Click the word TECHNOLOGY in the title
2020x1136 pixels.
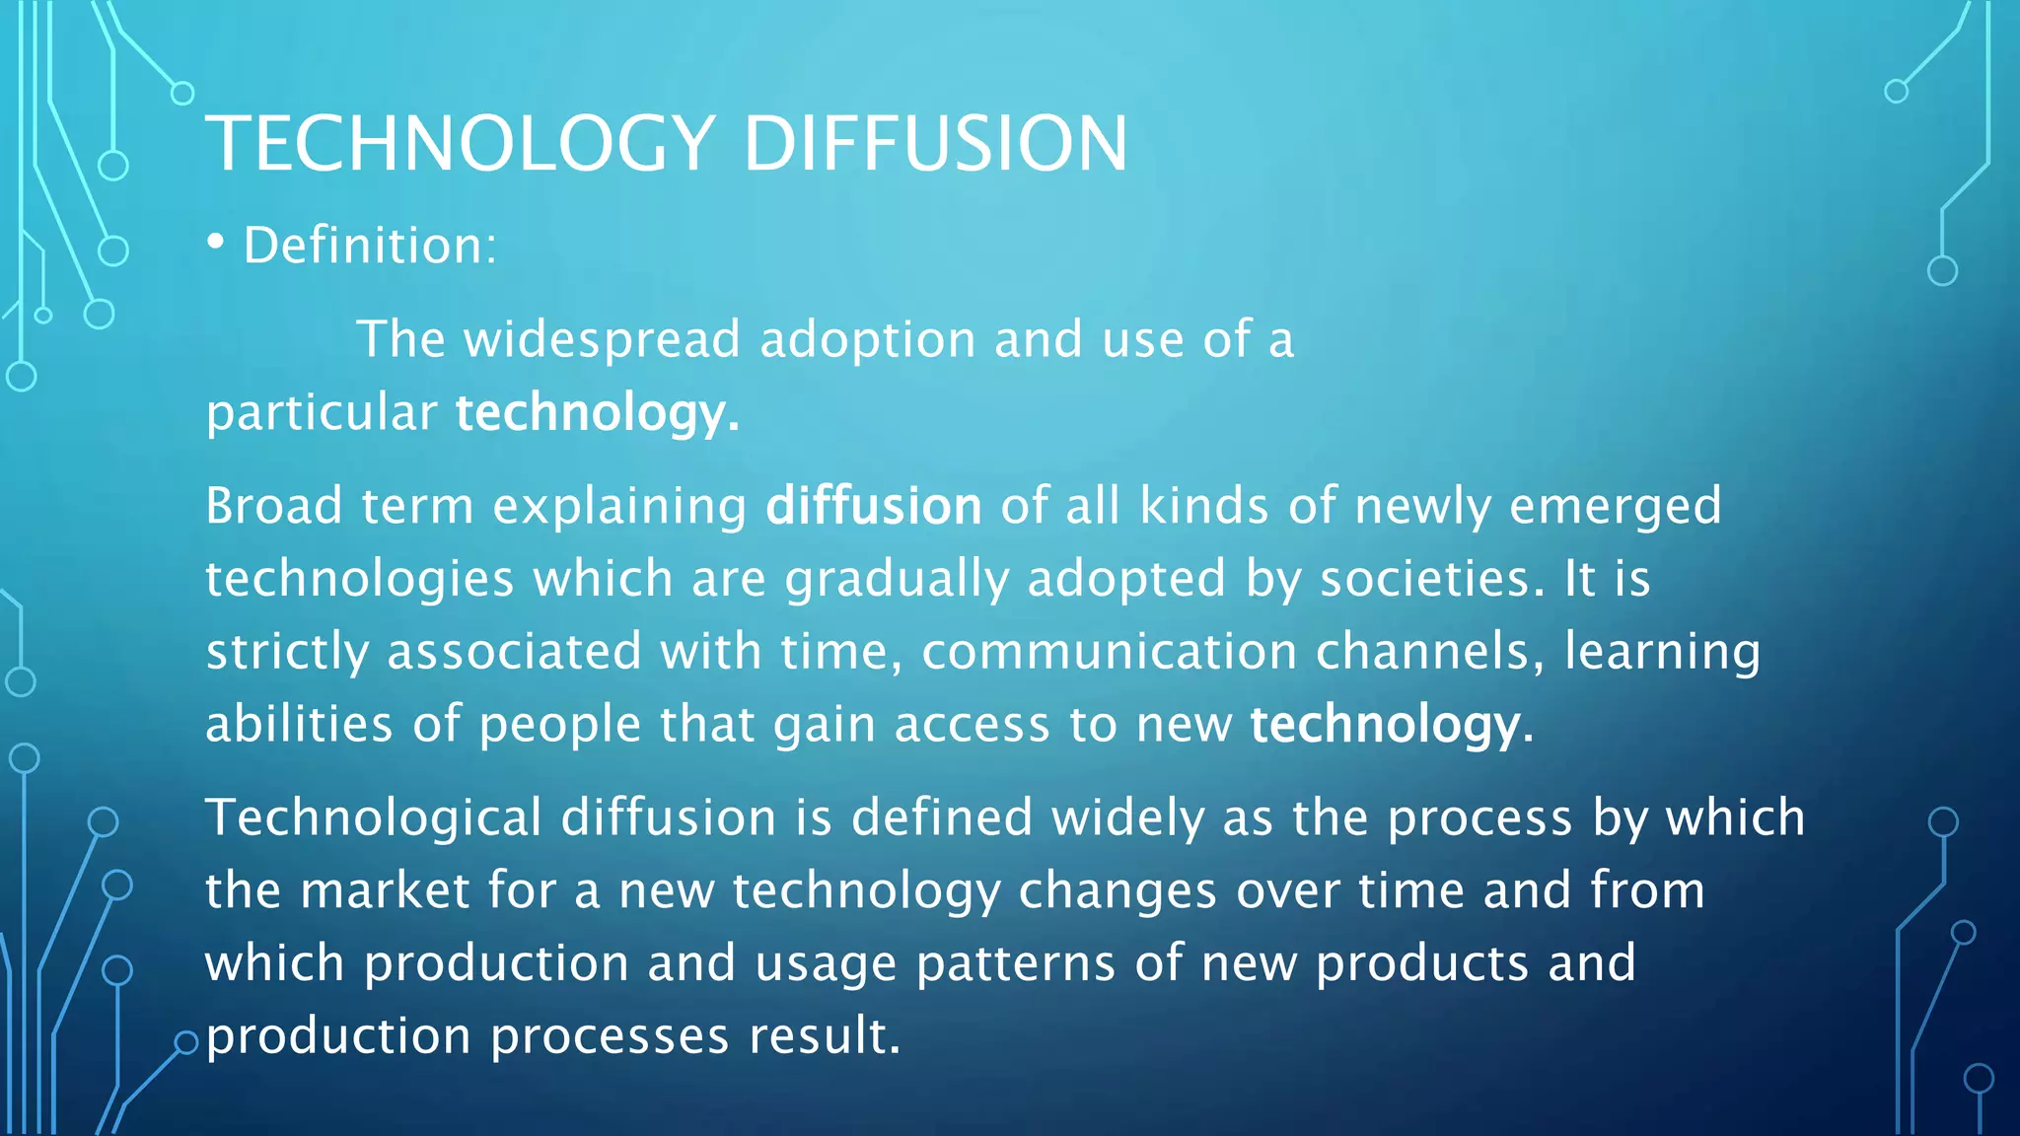coord(460,144)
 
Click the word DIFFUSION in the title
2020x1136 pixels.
coord(935,144)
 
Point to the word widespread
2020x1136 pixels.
coord(602,339)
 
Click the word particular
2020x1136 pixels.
coord(322,412)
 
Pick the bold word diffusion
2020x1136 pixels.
coord(874,506)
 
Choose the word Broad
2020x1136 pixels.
coord(273,506)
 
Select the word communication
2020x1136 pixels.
coord(1109,652)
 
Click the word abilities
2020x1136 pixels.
coord(299,725)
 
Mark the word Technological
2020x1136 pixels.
coord(374,817)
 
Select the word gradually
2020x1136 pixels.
coord(897,579)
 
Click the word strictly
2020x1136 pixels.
coord(287,652)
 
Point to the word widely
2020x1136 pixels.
coord(1127,817)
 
